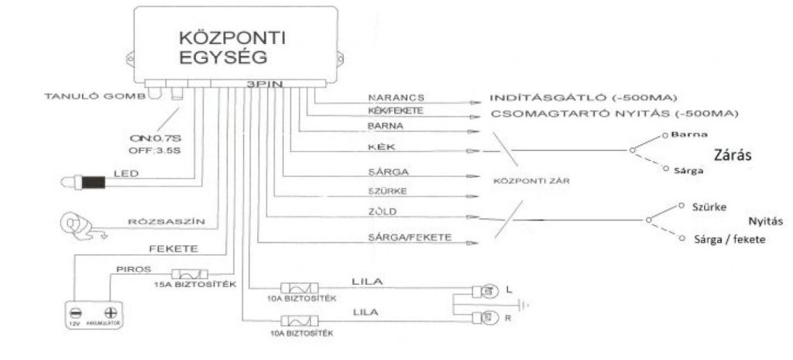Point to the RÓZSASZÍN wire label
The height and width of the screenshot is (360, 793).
(166, 221)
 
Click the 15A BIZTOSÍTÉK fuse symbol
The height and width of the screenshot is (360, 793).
(188, 275)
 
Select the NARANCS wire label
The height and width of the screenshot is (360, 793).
(387, 98)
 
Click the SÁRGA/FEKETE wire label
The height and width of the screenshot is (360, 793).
(400, 237)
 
